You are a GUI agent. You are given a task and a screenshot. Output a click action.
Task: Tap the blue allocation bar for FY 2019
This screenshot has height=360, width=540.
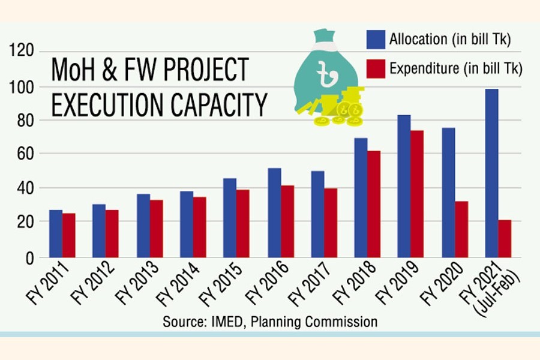[404, 186]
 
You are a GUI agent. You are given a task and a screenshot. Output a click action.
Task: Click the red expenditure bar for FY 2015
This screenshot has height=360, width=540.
[243, 223]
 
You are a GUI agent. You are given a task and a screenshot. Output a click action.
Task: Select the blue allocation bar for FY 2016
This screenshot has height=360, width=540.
[274, 212]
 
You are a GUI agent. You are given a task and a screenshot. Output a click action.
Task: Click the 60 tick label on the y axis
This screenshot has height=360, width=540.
[23, 154]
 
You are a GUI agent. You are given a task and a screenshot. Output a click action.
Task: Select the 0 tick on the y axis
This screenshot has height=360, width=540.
[27, 257]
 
